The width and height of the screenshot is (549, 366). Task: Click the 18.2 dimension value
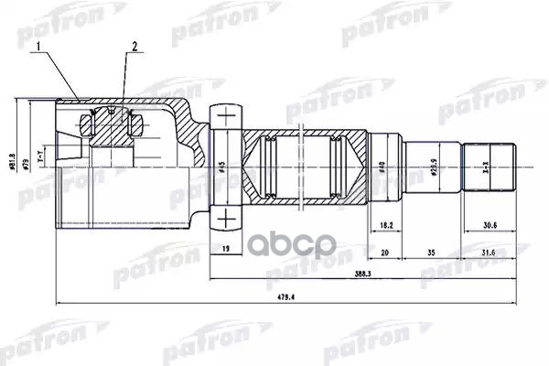(x=385, y=222)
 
